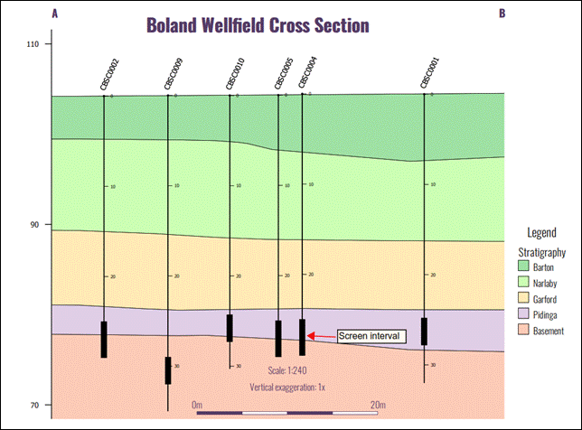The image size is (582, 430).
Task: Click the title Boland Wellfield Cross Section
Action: [258, 24]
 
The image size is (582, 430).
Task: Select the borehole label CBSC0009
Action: [174, 74]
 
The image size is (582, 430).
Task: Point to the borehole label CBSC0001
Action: [429, 74]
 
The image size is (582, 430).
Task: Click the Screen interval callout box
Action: [370, 336]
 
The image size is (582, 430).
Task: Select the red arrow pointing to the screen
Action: [321, 336]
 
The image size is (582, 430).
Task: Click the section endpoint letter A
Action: [56, 14]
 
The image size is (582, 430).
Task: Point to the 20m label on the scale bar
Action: [379, 404]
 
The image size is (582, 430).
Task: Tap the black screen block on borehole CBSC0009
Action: [168, 370]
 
